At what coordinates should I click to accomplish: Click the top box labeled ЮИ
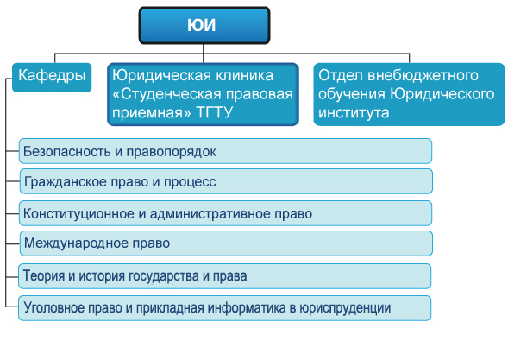click(x=204, y=25)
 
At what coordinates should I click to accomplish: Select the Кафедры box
click(x=52, y=78)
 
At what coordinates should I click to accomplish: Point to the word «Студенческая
click(x=166, y=94)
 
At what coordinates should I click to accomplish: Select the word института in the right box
click(x=354, y=113)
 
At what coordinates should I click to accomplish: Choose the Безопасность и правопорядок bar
click(x=225, y=151)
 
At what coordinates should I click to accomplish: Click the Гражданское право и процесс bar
click(x=226, y=181)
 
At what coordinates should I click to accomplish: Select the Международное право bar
click(x=226, y=243)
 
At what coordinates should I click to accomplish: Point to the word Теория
click(x=44, y=275)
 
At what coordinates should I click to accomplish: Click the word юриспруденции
click(x=345, y=308)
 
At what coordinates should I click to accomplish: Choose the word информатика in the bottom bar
click(x=247, y=308)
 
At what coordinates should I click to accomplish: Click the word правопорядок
click(x=171, y=152)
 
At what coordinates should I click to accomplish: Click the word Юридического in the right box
click(x=442, y=94)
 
